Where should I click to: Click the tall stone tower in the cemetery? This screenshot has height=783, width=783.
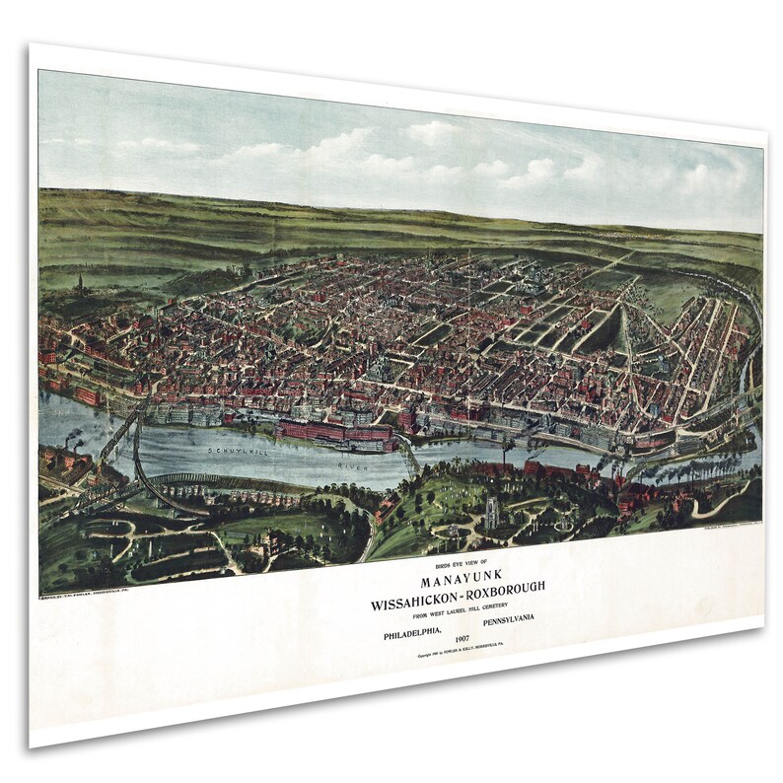coord(490,512)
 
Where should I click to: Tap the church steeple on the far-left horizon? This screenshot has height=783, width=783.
coord(79,283)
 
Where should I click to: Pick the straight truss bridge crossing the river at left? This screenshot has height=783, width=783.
coord(118,434)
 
